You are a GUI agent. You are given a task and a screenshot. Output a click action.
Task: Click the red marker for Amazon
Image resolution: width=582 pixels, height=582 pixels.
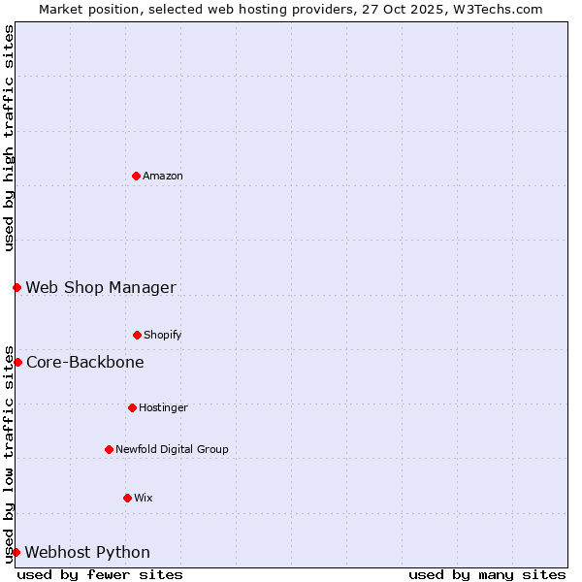pyautogui.click(x=136, y=176)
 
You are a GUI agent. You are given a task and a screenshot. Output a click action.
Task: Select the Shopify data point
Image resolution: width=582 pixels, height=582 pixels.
pyautogui.click(x=137, y=335)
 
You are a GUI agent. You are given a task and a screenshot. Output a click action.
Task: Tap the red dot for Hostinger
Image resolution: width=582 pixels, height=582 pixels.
pyautogui.click(x=132, y=407)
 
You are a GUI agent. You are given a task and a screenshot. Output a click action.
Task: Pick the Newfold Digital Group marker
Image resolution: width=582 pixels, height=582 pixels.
pyautogui.click(x=109, y=449)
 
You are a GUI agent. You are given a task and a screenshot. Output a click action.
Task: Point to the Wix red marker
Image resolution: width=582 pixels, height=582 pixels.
pyautogui.click(x=127, y=498)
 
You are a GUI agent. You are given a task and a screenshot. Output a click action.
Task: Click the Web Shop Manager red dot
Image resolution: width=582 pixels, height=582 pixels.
pyautogui.click(x=16, y=287)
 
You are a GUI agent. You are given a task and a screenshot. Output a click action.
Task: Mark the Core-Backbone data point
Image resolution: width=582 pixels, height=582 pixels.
pyautogui.click(x=17, y=362)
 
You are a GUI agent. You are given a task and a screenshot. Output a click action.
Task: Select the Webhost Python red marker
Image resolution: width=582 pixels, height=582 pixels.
pyautogui.click(x=16, y=552)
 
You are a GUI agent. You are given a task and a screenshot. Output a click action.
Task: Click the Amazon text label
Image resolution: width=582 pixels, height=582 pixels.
pyautogui.click(x=163, y=176)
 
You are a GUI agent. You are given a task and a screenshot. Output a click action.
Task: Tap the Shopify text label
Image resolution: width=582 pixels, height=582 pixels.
pyautogui.click(x=163, y=335)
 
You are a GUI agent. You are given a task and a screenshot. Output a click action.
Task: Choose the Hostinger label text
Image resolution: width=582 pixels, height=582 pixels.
pyautogui.click(x=163, y=407)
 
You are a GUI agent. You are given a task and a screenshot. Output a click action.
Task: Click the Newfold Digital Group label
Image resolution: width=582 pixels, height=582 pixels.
pyautogui.click(x=172, y=449)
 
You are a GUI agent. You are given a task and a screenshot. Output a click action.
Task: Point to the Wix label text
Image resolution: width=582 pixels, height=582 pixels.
pyautogui.click(x=144, y=498)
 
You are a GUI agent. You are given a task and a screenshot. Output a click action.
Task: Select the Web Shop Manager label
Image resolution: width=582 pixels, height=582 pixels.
pyautogui.click(x=101, y=287)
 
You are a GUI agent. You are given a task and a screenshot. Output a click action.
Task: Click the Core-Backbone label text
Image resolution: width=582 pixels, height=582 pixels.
pyautogui.click(x=85, y=362)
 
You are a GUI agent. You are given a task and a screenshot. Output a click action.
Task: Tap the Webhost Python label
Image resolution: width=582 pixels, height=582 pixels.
pyautogui.click(x=87, y=552)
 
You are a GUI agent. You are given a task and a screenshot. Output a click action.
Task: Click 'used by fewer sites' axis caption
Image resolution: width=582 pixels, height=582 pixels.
pyautogui.click(x=100, y=574)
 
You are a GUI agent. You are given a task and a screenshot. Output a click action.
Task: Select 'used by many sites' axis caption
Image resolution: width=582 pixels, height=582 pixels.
pyautogui.click(x=487, y=574)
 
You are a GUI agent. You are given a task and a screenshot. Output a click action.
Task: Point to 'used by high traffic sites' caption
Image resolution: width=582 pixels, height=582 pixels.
pyautogui.click(x=9, y=138)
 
